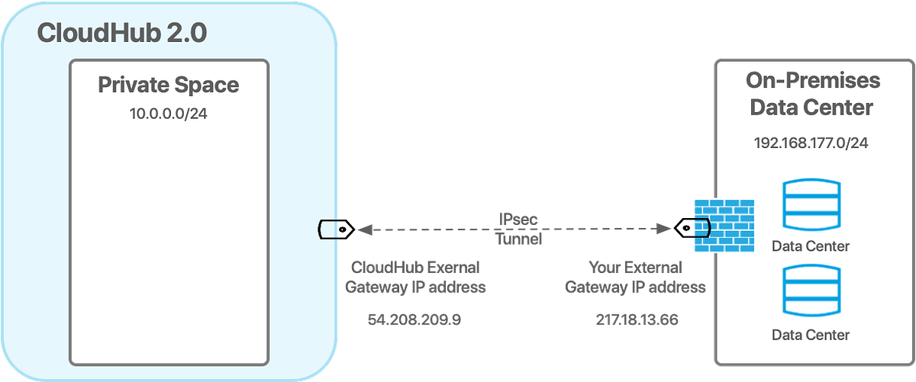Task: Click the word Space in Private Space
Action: click(205, 85)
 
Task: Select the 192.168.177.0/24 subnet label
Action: click(811, 143)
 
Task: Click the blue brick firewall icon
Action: click(724, 226)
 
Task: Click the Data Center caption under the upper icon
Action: click(811, 246)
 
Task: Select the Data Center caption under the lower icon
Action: click(811, 335)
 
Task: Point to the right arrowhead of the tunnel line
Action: click(666, 228)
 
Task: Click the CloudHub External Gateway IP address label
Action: click(416, 278)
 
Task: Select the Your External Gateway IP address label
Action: click(635, 278)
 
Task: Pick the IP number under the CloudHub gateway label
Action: click(414, 319)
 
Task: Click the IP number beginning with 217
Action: click(636, 319)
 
